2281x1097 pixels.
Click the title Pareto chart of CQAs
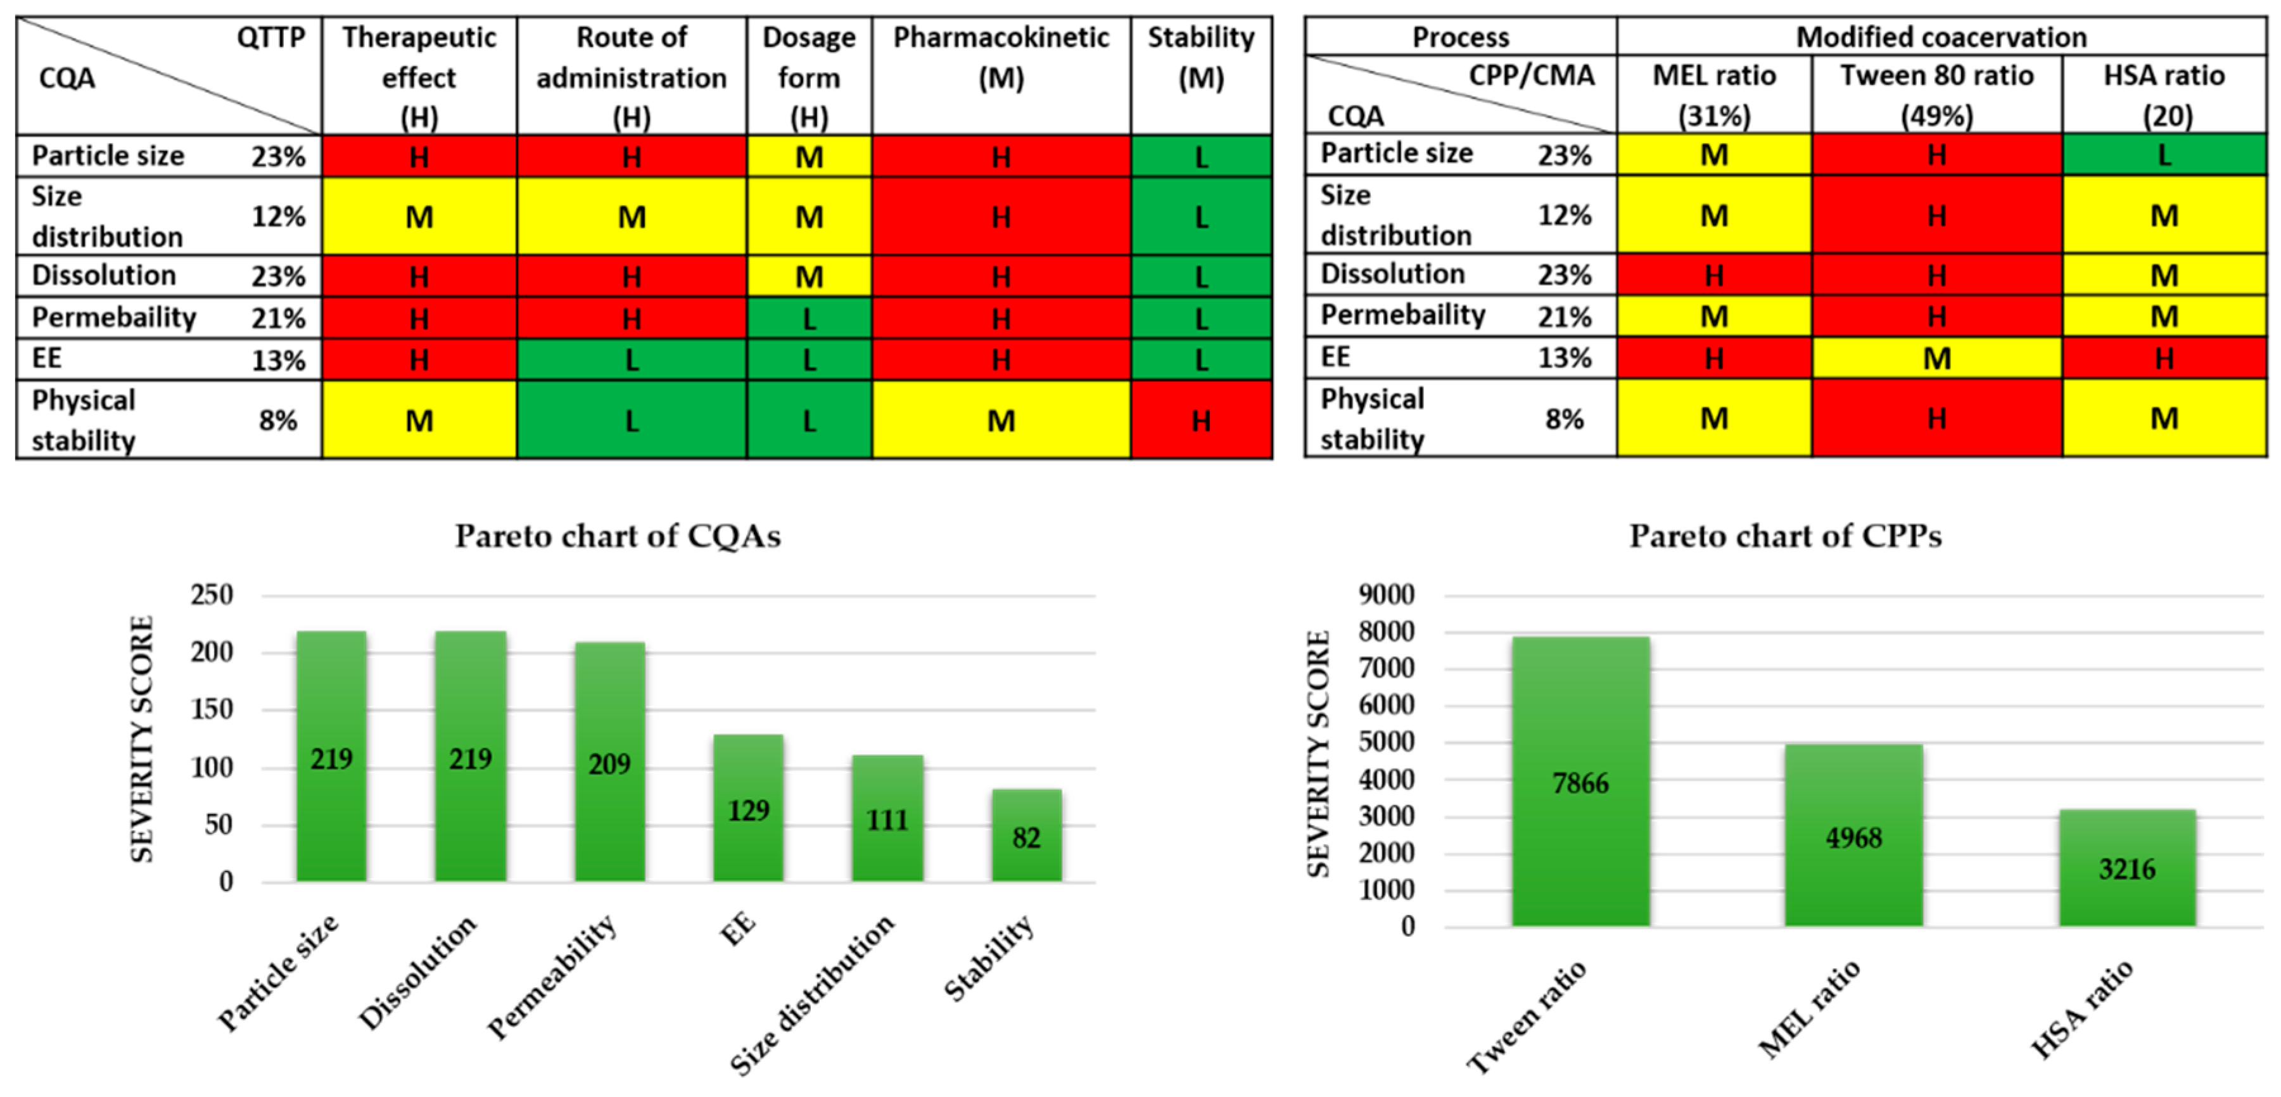[617, 536]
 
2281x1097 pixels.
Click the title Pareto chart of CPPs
[1785, 536]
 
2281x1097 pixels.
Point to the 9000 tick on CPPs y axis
[1386, 594]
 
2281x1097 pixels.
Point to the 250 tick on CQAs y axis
[212, 594]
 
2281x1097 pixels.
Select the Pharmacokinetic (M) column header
[1001, 58]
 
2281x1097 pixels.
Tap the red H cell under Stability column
[1201, 420]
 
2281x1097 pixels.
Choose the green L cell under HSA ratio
[2163, 155]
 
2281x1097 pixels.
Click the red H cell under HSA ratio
[2163, 358]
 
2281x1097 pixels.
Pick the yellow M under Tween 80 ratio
[1936, 358]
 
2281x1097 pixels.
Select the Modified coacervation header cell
[1941, 36]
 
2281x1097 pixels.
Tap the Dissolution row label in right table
[1392, 274]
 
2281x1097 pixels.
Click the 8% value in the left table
[277, 420]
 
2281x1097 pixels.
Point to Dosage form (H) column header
[808, 77]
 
